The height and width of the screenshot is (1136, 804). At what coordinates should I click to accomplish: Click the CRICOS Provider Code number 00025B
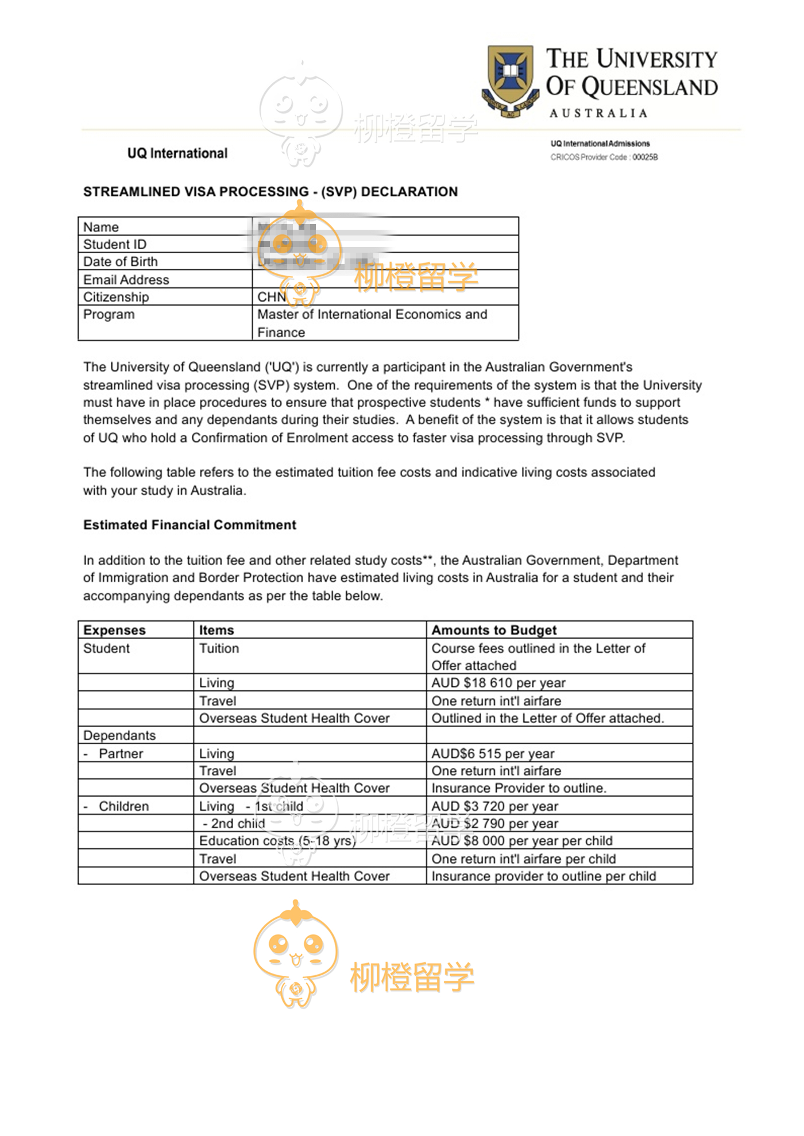[x=645, y=157]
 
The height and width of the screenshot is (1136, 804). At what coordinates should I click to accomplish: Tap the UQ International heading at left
[x=177, y=153]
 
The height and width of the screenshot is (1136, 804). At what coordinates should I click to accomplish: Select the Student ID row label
[x=115, y=244]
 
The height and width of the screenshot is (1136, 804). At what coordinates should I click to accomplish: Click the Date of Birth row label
[x=121, y=262]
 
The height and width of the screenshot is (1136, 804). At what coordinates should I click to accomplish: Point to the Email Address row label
[x=126, y=280]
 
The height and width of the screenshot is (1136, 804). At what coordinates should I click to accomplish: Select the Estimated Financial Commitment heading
[x=190, y=525]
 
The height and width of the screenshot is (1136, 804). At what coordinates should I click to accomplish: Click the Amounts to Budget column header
[x=494, y=630]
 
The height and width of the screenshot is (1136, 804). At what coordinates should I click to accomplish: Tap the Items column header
[x=217, y=630]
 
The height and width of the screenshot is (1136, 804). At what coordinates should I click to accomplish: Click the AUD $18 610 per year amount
[x=498, y=683]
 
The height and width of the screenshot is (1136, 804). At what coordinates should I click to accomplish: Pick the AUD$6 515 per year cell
[x=493, y=754]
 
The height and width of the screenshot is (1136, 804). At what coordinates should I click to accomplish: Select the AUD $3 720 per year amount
[x=494, y=806]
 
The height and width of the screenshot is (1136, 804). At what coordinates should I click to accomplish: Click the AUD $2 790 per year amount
[x=494, y=824]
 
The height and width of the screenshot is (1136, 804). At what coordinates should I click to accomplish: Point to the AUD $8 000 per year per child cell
[x=521, y=841]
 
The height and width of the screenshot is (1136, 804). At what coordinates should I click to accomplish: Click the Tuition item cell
[x=219, y=648]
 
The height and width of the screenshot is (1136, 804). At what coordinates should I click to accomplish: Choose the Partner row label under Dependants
[x=121, y=754]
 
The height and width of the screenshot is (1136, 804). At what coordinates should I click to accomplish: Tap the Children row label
[x=123, y=806]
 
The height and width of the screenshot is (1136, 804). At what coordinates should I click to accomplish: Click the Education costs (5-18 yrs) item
[x=277, y=841]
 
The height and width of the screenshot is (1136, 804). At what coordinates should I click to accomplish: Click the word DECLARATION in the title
[x=409, y=192]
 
